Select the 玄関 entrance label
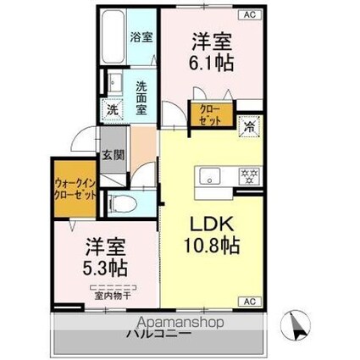(112, 156)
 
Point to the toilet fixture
(120, 202)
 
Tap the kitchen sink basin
(209, 176)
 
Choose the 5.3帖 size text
(105, 269)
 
